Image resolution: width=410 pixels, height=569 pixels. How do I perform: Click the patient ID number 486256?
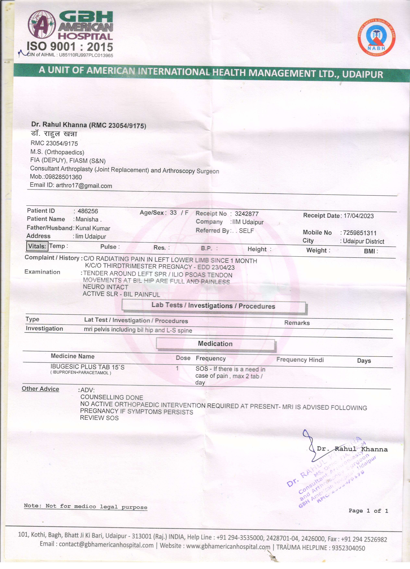point(88,211)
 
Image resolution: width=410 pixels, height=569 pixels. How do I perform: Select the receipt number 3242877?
point(247,214)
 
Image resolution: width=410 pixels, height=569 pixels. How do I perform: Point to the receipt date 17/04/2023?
point(359,216)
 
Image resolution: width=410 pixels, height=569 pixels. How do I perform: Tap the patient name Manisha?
point(87,219)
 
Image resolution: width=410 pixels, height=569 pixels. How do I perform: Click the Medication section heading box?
point(215,344)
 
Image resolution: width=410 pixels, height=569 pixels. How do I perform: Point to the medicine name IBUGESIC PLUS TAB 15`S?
point(87,367)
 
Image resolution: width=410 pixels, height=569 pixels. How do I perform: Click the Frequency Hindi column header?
point(300,360)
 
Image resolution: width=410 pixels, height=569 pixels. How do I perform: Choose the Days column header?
point(364,361)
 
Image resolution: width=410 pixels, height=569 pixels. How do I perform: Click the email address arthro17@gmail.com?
point(84,186)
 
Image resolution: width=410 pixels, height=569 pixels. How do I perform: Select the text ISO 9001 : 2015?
point(70,47)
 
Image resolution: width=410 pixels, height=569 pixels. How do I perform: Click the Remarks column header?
point(297,323)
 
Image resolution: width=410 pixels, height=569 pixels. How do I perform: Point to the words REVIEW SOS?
point(99,418)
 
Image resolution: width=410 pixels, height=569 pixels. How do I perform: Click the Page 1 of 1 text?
point(368,511)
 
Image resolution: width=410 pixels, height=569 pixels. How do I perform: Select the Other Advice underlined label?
point(40,389)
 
